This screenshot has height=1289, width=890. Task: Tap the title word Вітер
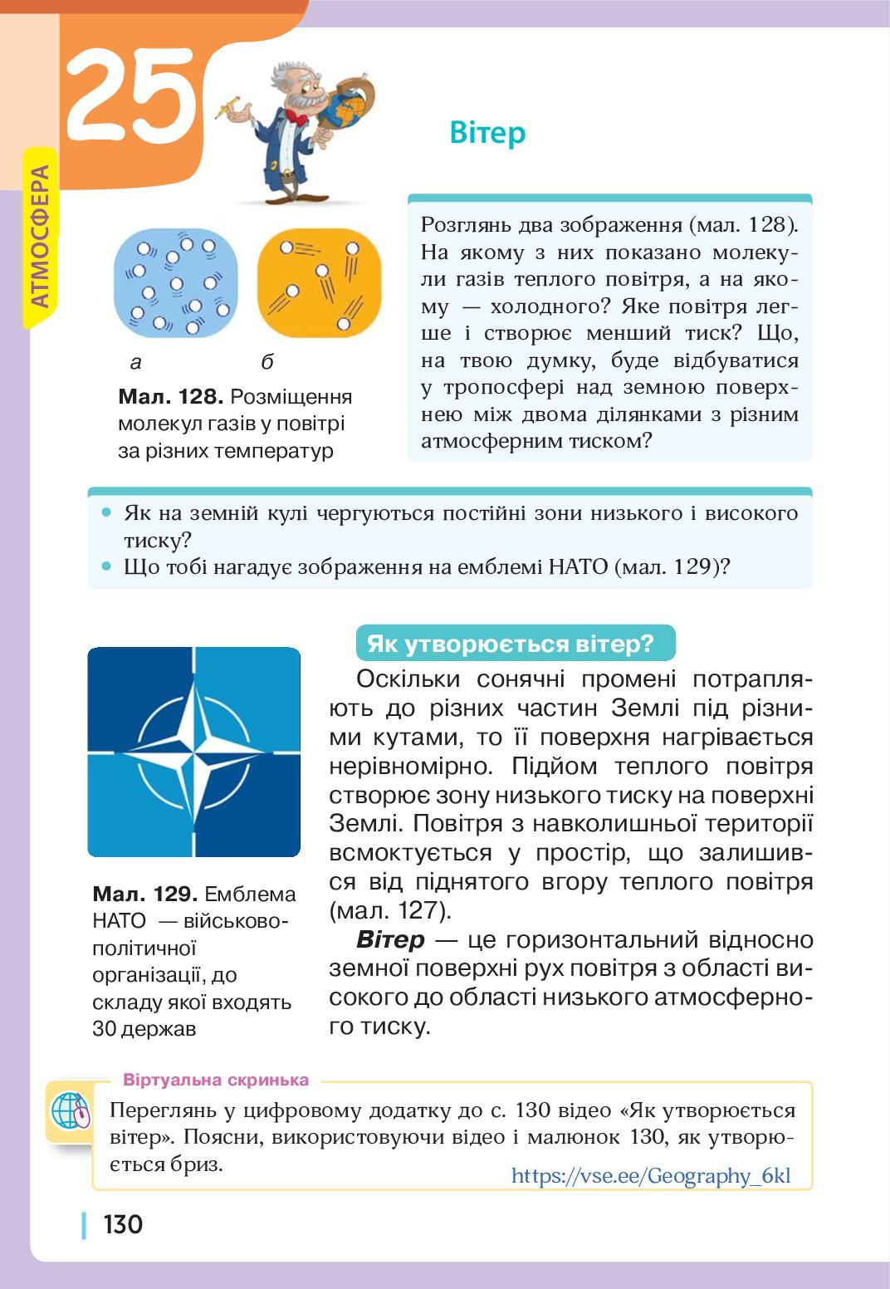tap(487, 133)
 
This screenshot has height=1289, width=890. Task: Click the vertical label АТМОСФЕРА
tap(40, 237)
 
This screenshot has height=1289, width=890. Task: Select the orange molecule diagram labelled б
tap(319, 283)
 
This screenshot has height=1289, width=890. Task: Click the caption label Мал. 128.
tap(170, 397)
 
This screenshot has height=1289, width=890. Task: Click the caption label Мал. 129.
tap(144, 894)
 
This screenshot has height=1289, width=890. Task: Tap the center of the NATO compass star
tap(194, 752)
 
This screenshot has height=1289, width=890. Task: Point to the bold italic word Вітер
tap(390, 940)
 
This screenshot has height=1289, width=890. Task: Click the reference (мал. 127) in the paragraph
tap(390, 911)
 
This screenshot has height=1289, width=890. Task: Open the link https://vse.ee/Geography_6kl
tap(651, 1176)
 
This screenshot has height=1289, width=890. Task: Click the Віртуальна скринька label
tap(216, 1080)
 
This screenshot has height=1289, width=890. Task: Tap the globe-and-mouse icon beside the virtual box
tap(71, 1110)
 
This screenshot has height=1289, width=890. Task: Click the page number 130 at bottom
tap(123, 1224)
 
